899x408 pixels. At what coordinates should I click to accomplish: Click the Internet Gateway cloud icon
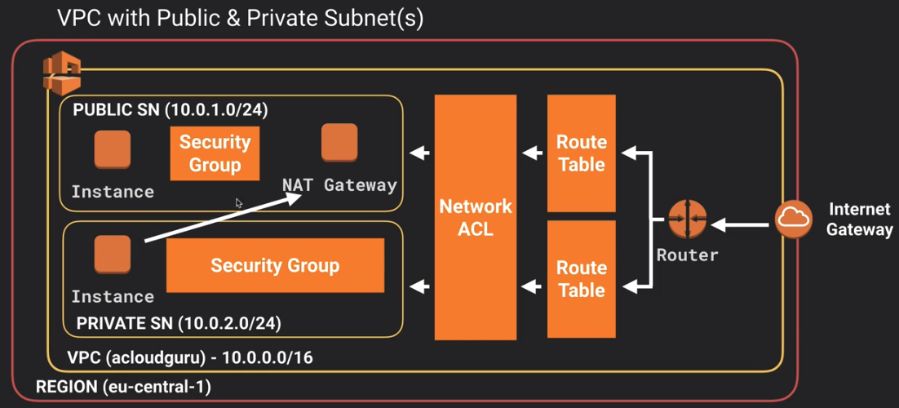tap(794, 219)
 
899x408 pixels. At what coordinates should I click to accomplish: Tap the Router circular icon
tap(688, 220)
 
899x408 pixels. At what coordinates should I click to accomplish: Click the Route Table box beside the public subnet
tap(582, 153)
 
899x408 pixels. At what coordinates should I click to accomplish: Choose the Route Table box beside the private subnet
tap(582, 279)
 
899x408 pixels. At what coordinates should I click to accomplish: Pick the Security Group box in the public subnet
tap(215, 153)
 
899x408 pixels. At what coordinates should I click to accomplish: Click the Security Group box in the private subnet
tap(275, 265)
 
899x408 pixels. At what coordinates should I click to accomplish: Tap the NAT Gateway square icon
tap(339, 142)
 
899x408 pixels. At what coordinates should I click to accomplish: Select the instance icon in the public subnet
tap(113, 149)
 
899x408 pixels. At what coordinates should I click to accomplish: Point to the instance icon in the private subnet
tap(113, 254)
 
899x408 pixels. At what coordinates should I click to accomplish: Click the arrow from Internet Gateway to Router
tap(742, 225)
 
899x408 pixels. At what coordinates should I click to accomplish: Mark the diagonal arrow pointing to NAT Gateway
tap(224, 218)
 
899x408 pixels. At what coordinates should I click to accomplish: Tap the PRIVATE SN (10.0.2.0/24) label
tap(179, 323)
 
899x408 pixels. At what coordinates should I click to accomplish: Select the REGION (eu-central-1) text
tap(123, 387)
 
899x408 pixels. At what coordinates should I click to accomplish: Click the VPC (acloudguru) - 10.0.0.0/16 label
tap(190, 358)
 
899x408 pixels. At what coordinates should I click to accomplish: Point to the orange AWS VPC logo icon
tap(62, 73)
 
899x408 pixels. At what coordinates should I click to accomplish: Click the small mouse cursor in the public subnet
tap(239, 202)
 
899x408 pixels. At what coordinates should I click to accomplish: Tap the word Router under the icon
tap(688, 255)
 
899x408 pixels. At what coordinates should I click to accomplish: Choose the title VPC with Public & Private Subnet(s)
tap(240, 19)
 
